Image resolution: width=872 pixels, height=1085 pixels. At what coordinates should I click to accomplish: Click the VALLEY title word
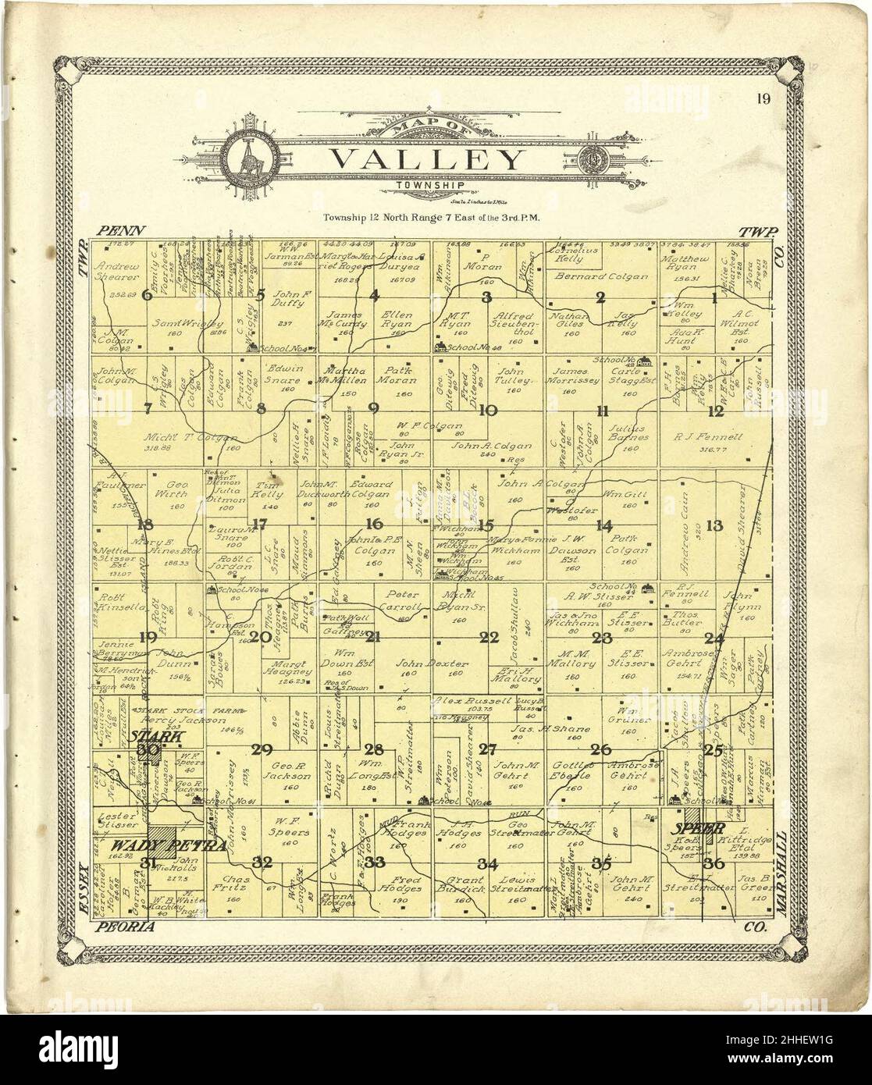coord(427,160)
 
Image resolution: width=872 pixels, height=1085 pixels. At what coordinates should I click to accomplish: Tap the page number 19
coord(763,98)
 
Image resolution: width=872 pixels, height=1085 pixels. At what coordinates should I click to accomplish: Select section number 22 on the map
coord(489,638)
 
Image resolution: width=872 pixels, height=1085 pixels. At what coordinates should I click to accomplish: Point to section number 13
coord(714,526)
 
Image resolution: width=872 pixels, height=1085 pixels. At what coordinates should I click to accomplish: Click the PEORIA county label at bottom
coord(124,927)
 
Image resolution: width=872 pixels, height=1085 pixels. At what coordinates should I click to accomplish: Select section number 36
coord(713,863)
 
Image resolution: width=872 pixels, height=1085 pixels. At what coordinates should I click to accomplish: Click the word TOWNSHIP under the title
coord(427,185)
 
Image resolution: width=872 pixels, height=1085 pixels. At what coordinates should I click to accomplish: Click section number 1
coord(714,296)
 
